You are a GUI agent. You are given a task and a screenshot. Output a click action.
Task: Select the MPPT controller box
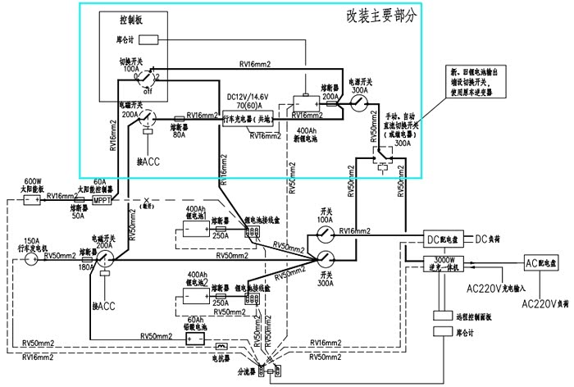102,200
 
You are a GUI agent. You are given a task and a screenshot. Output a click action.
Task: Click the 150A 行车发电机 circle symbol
30,258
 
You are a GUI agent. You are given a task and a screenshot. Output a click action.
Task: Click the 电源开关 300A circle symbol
358,103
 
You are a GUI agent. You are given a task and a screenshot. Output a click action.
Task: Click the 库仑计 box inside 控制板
148,39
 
